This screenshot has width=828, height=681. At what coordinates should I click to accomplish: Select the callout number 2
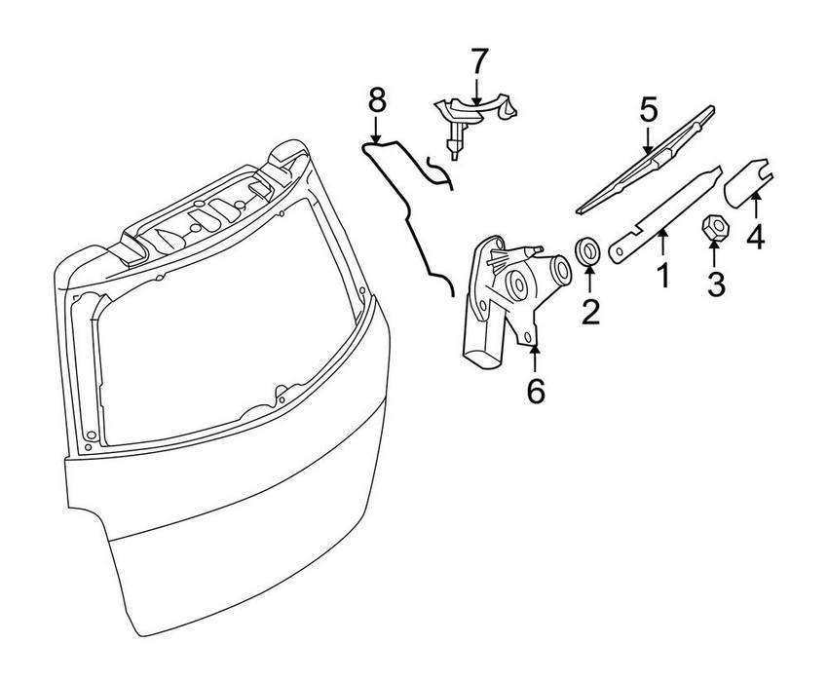click(590, 311)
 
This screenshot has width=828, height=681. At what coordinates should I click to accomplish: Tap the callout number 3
click(716, 285)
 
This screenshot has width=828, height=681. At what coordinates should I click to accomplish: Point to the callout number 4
click(755, 236)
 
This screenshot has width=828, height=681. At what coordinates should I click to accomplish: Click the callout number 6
click(536, 390)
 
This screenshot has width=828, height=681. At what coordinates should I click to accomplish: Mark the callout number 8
click(377, 99)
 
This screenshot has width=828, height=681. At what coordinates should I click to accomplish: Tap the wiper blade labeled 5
click(648, 159)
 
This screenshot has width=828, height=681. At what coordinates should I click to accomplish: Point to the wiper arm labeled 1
click(662, 214)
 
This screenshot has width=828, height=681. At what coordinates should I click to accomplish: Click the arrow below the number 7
click(477, 93)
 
